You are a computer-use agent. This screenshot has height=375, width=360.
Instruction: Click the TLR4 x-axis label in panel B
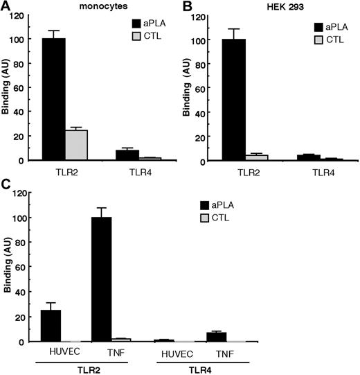(x=305, y=170)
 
